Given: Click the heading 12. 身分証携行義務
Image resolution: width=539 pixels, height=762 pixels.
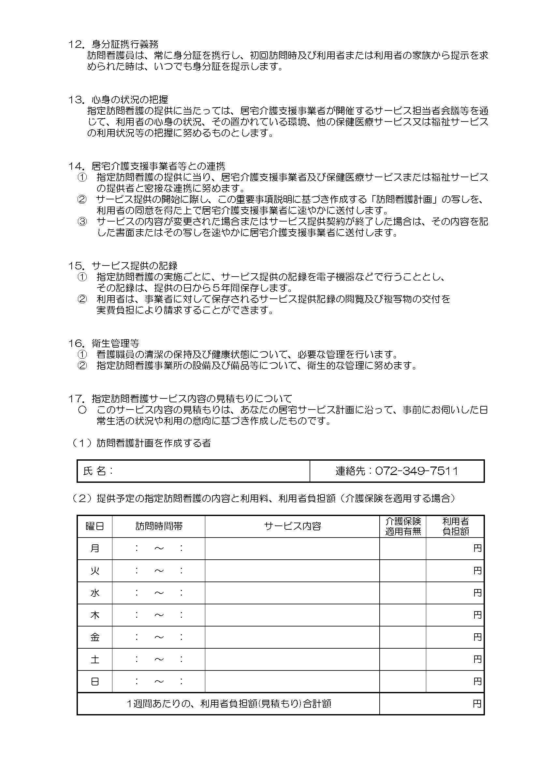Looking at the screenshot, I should tap(113, 44).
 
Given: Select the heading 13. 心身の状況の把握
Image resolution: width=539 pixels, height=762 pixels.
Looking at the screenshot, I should tap(118, 99).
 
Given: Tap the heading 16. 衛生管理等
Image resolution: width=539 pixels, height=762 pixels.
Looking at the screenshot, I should tap(104, 343).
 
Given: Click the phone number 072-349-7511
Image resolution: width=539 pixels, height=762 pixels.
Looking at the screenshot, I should tap(416, 471).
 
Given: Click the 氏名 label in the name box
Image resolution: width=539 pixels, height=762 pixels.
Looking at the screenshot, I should tap(98, 471).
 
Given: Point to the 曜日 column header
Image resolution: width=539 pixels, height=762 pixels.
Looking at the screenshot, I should tap(95, 526).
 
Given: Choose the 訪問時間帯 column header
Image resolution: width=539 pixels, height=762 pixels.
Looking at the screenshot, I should tap(159, 526).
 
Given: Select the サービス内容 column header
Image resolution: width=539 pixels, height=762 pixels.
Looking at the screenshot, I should tap(292, 526).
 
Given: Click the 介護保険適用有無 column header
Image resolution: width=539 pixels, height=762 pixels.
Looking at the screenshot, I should tap(402, 526).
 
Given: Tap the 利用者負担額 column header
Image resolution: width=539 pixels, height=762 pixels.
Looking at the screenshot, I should tap(455, 526).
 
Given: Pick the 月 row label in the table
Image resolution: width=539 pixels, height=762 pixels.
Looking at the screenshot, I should tap(95, 548).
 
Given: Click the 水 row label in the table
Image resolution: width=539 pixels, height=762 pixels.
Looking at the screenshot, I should tap(95, 593).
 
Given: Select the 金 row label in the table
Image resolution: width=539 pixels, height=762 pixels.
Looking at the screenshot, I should tap(95, 637).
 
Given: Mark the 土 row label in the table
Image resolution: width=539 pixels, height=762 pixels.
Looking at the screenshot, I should tap(95, 659).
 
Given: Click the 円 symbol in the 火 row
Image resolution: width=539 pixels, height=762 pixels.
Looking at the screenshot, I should tap(477, 571).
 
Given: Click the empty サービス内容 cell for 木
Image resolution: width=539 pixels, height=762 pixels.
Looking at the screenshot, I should tap(292, 615).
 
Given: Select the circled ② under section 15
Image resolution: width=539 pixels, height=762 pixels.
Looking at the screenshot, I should tap(82, 299).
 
